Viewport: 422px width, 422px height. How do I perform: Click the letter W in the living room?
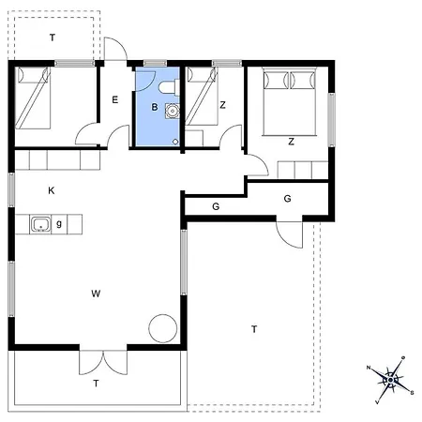point(96,294)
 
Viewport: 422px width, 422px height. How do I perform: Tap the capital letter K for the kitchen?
point(52,190)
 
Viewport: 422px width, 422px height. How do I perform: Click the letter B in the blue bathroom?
point(155,108)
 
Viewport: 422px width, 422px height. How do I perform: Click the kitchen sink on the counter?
point(40,224)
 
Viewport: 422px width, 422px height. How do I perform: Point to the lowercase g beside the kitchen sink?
point(59,223)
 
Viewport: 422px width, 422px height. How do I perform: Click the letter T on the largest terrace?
point(253,328)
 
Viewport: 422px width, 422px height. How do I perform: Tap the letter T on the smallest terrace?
point(52,38)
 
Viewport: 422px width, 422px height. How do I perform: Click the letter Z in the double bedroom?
point(291,142)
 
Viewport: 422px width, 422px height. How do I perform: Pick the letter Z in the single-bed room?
point(222,105)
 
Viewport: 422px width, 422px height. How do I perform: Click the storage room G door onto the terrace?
point(291,233)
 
